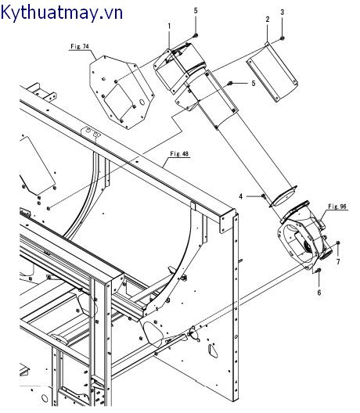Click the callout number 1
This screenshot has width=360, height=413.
(x=169, y=26)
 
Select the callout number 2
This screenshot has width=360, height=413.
(x=268, y=19)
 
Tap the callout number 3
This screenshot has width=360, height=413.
(x=283, y=12)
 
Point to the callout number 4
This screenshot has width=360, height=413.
(x=241, y=196)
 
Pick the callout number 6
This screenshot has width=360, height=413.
(x=319, y=293)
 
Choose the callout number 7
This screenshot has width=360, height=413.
(x=338, y=261)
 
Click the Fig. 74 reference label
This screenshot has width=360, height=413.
(x=80, y=47)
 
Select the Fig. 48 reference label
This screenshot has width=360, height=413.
(x=179, y=153)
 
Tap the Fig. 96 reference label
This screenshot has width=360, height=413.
(x=337, y=206)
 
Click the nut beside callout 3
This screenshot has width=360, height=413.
(x=283, y=38)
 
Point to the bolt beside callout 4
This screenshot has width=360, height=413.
(x=263, y=196)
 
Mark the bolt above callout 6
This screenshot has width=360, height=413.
(x=319, y=271)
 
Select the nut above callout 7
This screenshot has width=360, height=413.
(x=339, y=242)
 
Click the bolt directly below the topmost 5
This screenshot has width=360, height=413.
(x=196, y=35)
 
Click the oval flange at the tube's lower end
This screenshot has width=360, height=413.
(x=284, y=196)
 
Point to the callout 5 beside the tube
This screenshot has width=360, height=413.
(x=254, y=84)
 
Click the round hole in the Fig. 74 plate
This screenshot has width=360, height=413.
(x=142, y=102)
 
